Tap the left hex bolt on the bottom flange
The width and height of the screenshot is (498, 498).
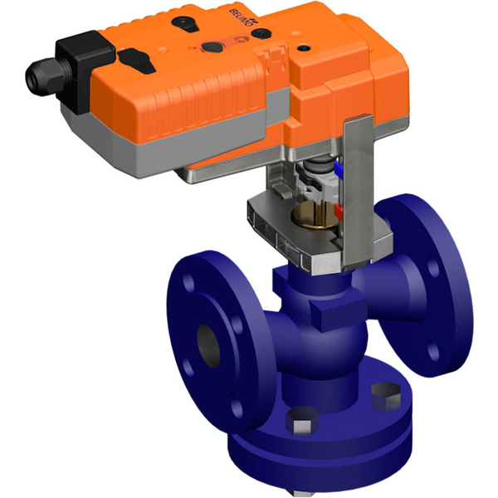(x=300, y=429)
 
